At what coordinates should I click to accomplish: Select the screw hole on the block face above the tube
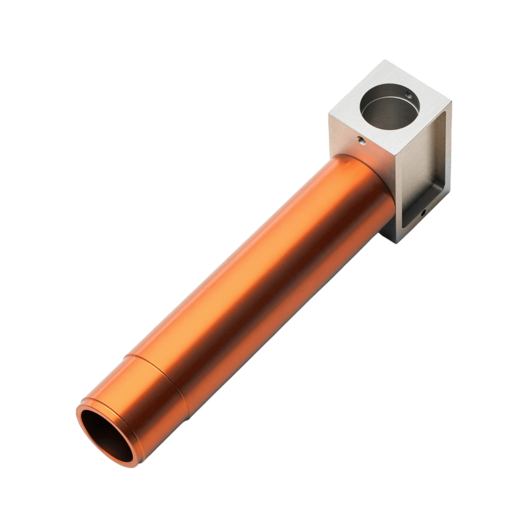[x=361, y=141]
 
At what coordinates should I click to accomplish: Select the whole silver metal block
[x=391, y=147]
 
